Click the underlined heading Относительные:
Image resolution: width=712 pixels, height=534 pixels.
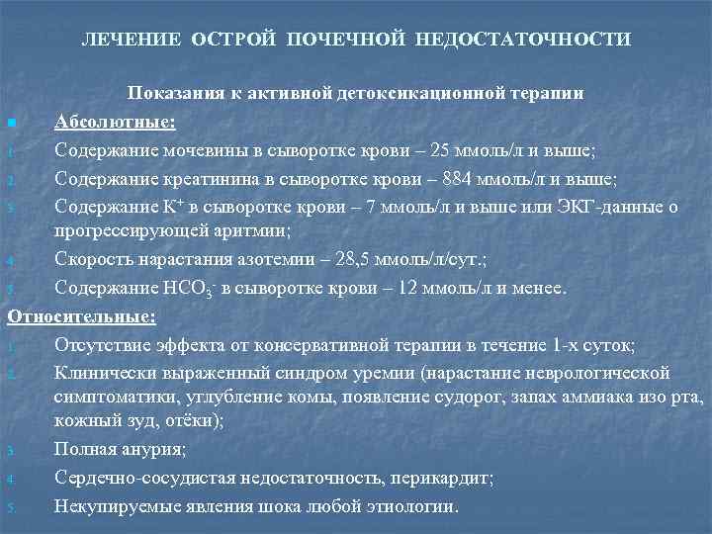pos(82,317)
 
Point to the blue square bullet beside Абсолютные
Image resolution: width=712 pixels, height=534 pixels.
pos(11,124)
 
